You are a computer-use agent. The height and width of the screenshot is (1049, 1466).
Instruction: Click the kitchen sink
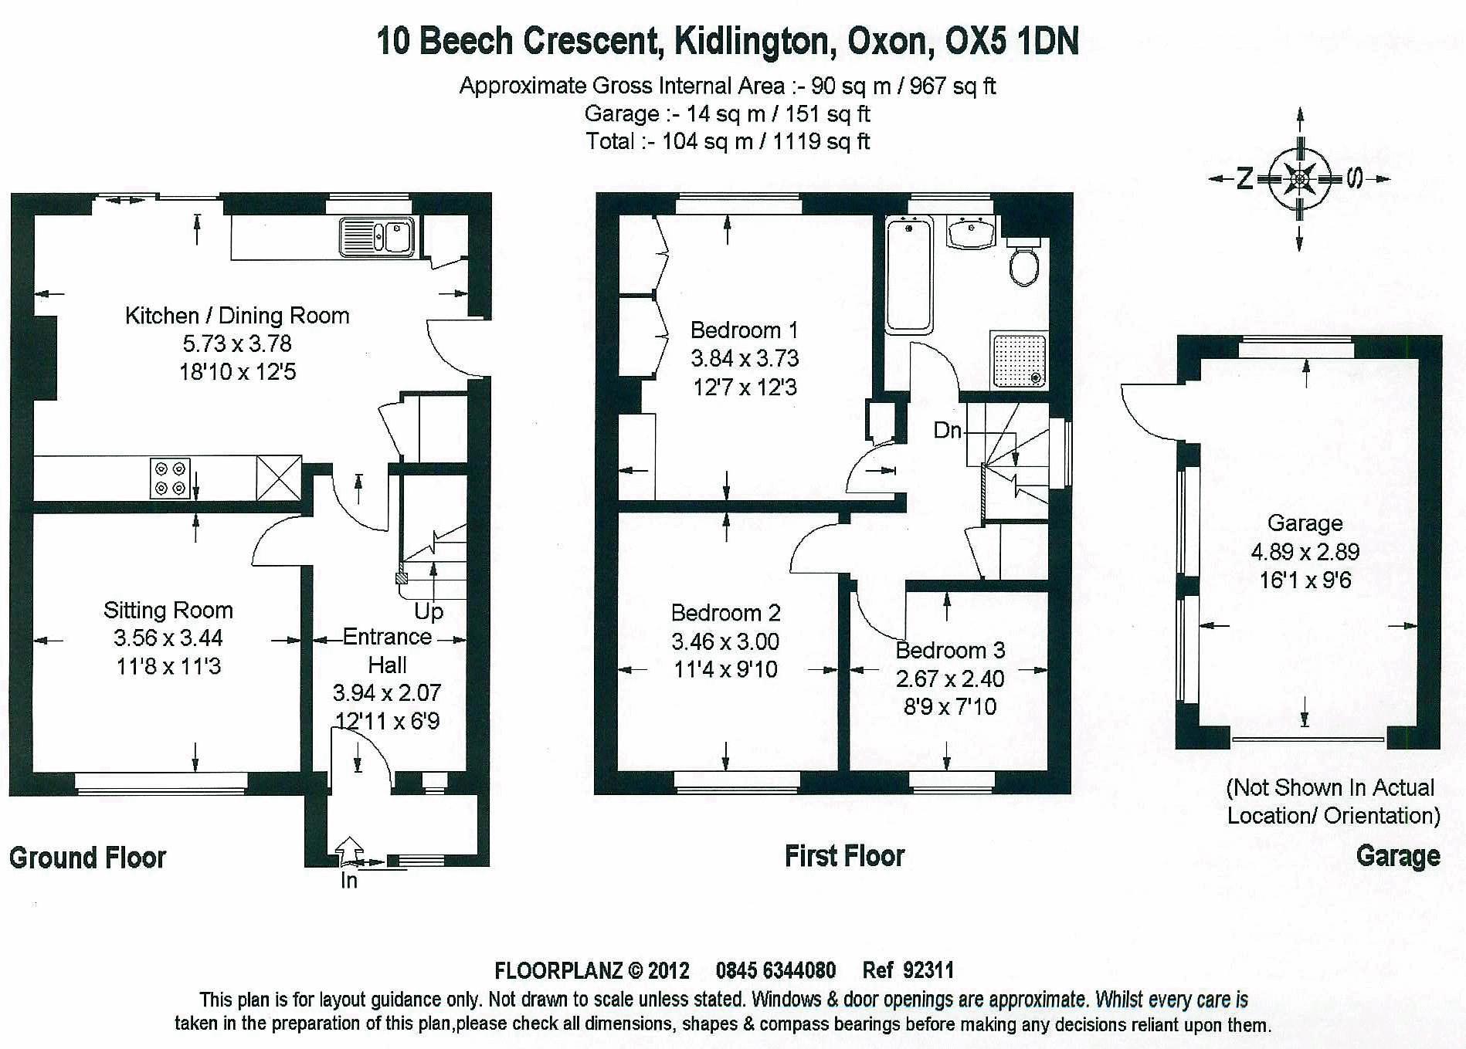[377, 236]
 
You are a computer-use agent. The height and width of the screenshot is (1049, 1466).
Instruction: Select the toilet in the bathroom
[1025, 264]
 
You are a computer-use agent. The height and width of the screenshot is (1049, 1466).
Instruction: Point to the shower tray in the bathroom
[1019, 358]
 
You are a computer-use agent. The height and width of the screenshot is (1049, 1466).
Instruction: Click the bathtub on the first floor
[908, 274]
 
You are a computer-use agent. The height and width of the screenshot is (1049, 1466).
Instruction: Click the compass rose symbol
[1301, 180]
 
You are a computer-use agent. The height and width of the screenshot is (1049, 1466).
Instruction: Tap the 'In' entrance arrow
[350, 850]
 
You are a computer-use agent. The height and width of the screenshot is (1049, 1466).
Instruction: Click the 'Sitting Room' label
[168, 611]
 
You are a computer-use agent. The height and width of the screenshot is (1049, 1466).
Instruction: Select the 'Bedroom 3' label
[950, 651]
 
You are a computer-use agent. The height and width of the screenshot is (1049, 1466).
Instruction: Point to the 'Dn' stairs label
[947, 430]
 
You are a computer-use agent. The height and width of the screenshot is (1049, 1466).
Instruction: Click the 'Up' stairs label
[429, 611]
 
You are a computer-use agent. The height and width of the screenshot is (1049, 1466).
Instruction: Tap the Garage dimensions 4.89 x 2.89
[1305, 552]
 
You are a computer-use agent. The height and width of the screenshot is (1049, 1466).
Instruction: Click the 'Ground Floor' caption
[87, 858]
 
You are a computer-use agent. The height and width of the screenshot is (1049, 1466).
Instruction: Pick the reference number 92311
[928, 970]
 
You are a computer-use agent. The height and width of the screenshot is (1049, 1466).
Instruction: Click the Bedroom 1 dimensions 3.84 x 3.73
[745, 358]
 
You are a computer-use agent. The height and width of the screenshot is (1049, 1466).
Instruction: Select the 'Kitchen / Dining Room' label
[237, 316]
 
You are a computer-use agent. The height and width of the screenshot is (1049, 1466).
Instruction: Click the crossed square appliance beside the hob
[278, 478]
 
